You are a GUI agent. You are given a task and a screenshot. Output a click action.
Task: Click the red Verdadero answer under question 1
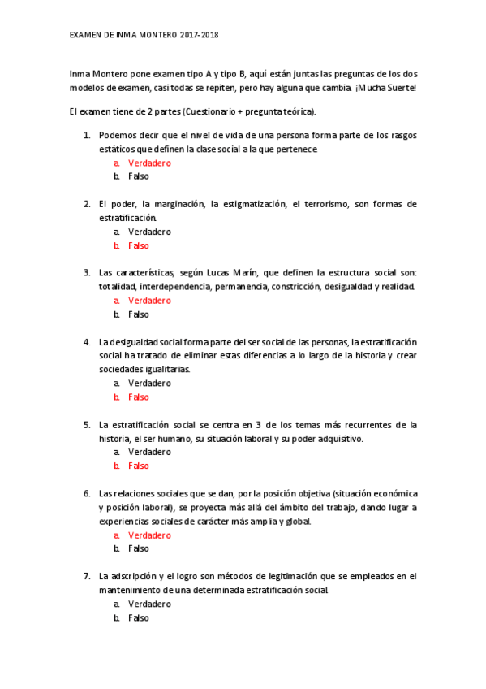coord(149,162)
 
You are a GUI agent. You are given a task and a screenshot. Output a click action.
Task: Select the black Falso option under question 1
coord(139,175)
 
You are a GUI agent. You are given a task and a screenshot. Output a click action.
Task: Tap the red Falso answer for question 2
coord(139,245)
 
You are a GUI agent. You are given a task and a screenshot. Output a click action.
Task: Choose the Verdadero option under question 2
coord(149,232)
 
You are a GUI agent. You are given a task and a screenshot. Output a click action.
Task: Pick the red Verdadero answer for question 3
coord(149,301)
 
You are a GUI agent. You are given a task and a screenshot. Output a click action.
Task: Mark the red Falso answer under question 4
coord(139,396)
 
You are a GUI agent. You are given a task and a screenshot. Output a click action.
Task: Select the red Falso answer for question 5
coord(139,466)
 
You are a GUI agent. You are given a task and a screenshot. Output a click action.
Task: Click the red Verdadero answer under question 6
coord(149,535)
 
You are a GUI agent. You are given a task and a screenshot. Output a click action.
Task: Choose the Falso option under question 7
coord(139,617)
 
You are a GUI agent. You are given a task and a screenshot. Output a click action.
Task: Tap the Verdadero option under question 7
coord(149,604)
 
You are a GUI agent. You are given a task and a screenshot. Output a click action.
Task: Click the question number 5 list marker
coord(87,424)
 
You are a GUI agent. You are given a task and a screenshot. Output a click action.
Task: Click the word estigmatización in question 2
coord(248,203)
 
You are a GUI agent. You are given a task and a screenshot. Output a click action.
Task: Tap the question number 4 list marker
coord(87,341)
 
